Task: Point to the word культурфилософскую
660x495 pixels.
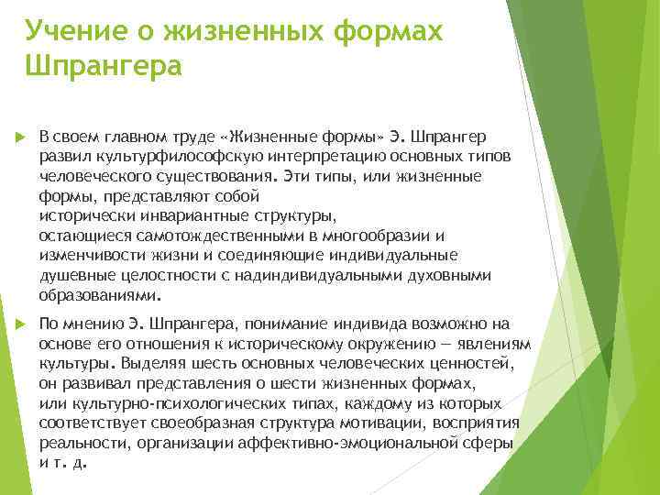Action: (159, 155)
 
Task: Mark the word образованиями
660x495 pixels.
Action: (98, 296)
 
